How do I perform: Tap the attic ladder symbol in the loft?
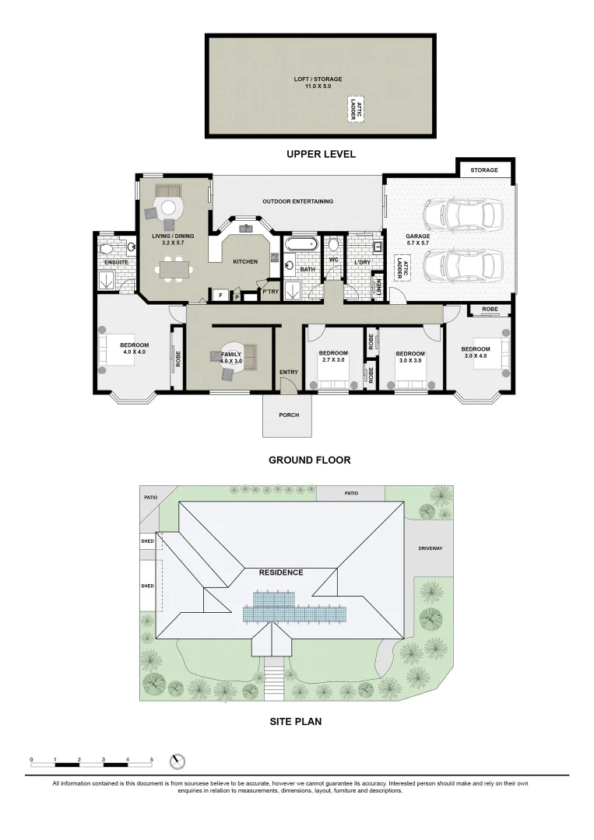[356, 109]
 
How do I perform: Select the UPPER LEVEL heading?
[321, 154]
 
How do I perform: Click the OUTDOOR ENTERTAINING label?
[297, 201]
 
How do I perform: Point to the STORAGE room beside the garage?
[483, 170]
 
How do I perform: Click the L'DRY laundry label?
[362, 262]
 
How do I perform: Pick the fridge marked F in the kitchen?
[220, 296]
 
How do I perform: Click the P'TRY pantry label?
[270, 292]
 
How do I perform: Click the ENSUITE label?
[115, 262]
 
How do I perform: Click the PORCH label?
[289, 415]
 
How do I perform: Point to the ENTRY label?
[288, 372]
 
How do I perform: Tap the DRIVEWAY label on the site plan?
[430, 548]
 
